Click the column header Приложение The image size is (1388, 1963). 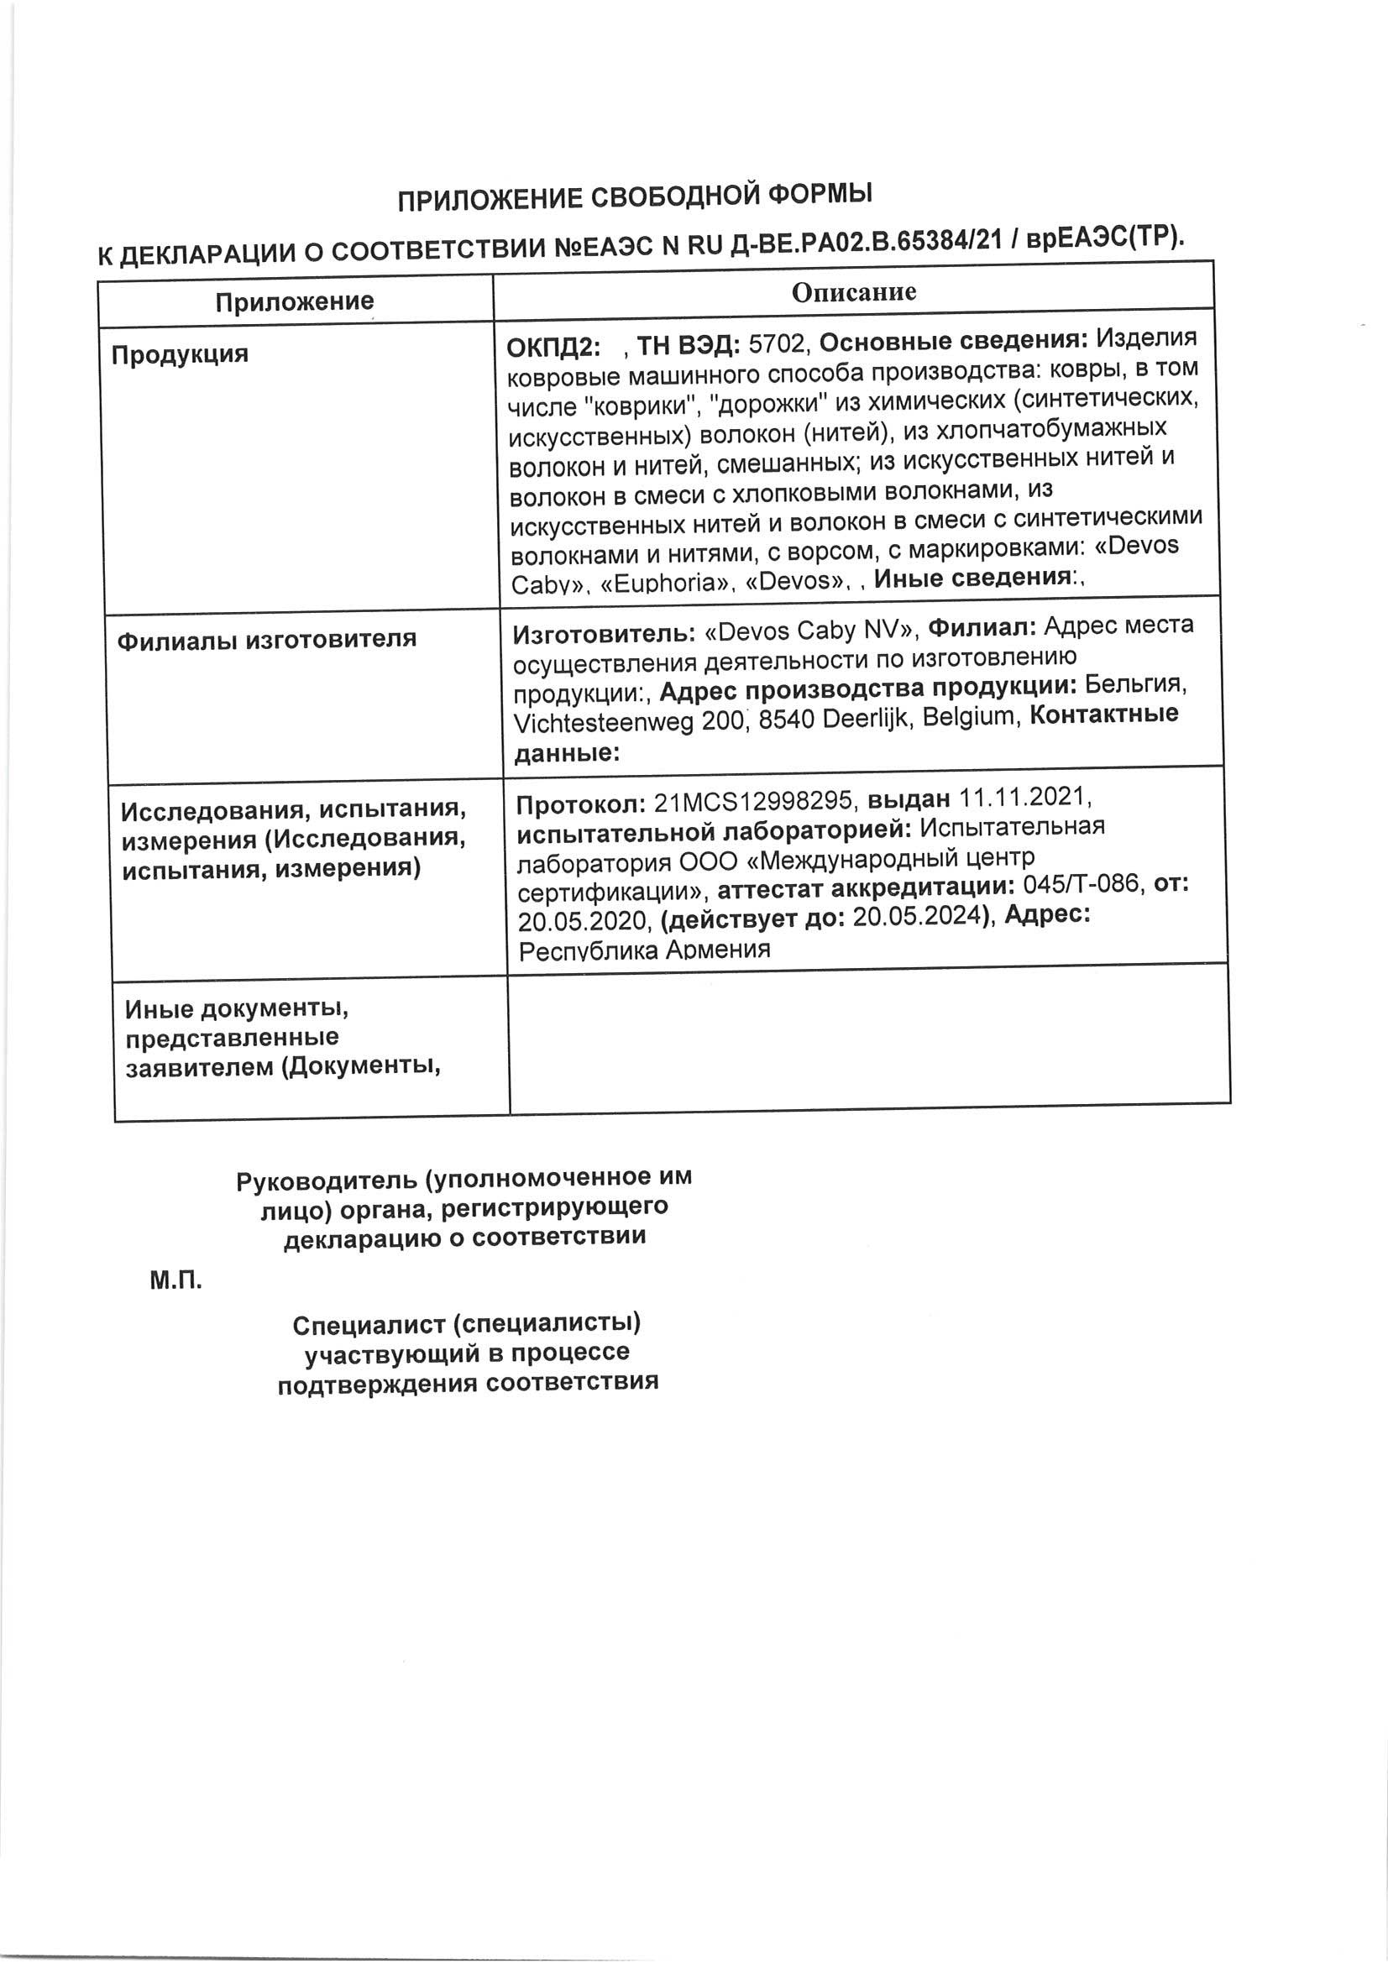(x=294, y=301)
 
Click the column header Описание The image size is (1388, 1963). (x=853, y=292)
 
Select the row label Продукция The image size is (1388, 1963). (x=180, y=354)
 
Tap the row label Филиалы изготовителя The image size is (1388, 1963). (x=267, y=639)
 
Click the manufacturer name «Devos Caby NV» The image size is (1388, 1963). (x=811, y=630)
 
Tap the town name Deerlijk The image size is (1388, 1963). (x=867, y=718)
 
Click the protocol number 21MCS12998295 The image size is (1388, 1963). (x=753, y=801)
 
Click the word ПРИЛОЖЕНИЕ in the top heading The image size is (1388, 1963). (x=490, y=199)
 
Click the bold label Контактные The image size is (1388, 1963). (x=1103, y=714)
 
